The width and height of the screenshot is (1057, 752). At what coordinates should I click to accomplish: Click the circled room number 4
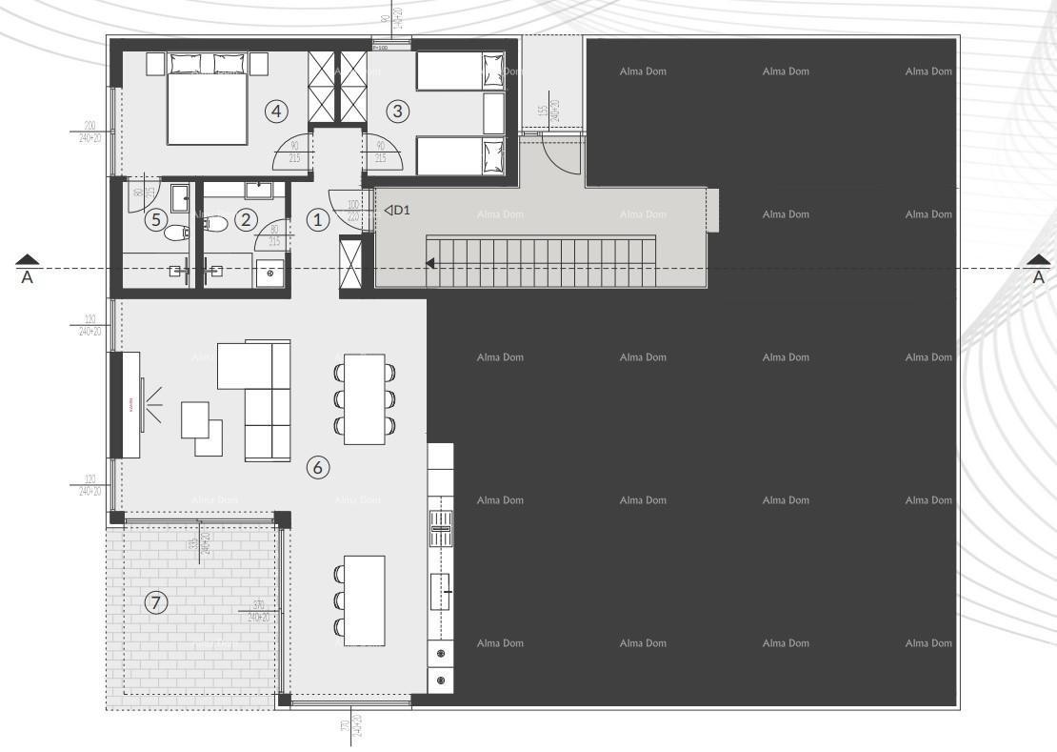(276, 112)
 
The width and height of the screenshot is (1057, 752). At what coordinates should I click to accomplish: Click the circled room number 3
(398, 112)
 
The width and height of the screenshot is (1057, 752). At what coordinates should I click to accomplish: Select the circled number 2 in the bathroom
(247, 220)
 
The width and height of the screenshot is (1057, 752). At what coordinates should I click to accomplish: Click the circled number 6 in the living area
(317, 467)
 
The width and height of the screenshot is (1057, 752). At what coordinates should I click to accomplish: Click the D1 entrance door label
(398, 210)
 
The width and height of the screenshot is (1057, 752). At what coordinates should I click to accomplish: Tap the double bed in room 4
(207, 105)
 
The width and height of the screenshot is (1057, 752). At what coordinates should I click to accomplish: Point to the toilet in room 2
(214, 225)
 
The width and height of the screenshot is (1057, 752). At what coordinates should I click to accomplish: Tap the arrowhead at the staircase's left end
(431, 263)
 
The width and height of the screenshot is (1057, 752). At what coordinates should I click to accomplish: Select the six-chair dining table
(365, 399)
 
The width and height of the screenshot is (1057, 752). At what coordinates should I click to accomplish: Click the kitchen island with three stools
(365, 600)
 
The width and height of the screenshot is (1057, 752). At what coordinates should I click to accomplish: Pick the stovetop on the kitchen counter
(441, 525)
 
